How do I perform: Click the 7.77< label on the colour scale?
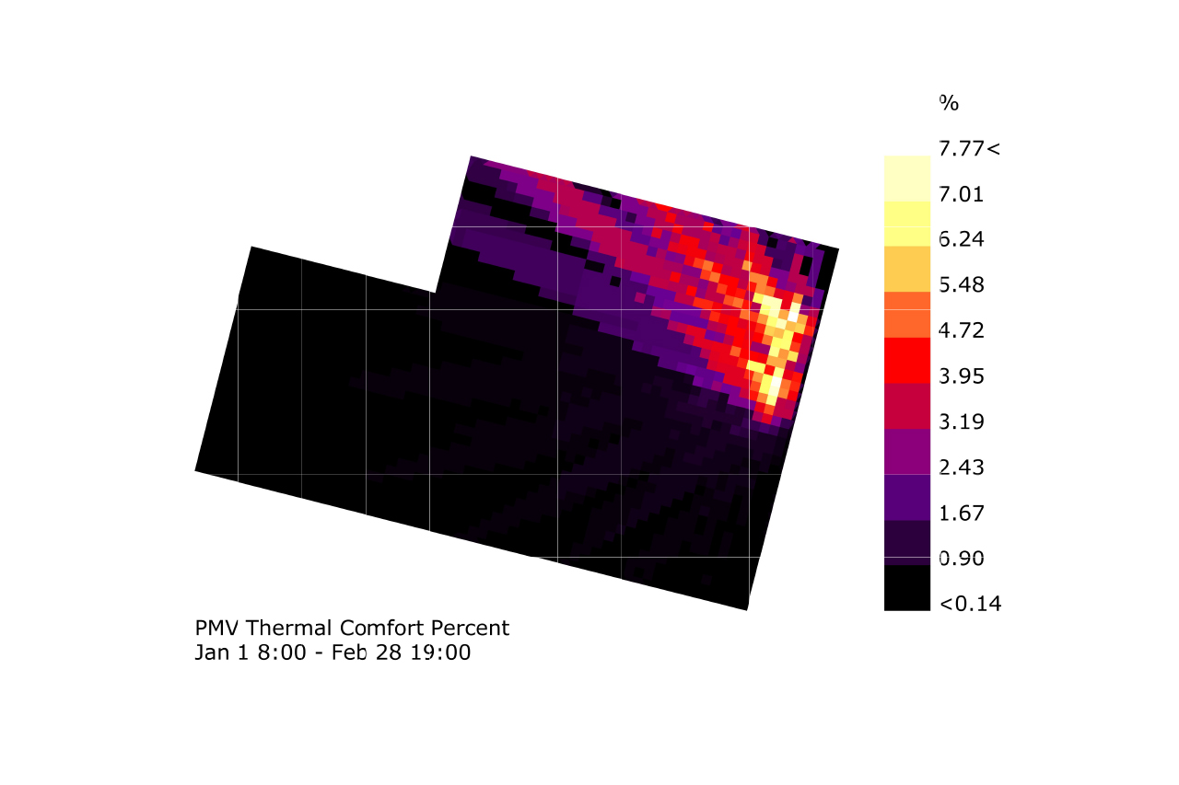pyautogui.click(x=969, y=148)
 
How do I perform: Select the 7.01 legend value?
pyautogui.click(x=962, y=194)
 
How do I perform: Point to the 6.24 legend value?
pyautogui.click(x=962, y=239)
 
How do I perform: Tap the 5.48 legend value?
pyautogui.click(x=962, y=285)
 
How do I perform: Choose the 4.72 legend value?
pyautogui.click(x=962, y=330)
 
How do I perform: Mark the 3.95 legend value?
pyautogui.click(x=962, y=376)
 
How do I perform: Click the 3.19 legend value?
pyautogui.click(x=962, y=422)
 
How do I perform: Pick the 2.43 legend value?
pyautogui.click(x=962, y=468)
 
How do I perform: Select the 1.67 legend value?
pyautogui.click(x=962, y=514)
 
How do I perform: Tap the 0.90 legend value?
pyautogui.click(x=962, y=559)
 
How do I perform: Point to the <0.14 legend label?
pyautogui.click(x=970, y=605)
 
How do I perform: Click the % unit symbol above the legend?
pyautogui.click(x=949, y=103)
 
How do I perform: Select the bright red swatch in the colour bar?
pyautogui.click(x=907, y=361)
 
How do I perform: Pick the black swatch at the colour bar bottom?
pyautogui.click(x=907, y=588)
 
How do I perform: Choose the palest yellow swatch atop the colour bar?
pyautogui.click(x=907, y=179)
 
